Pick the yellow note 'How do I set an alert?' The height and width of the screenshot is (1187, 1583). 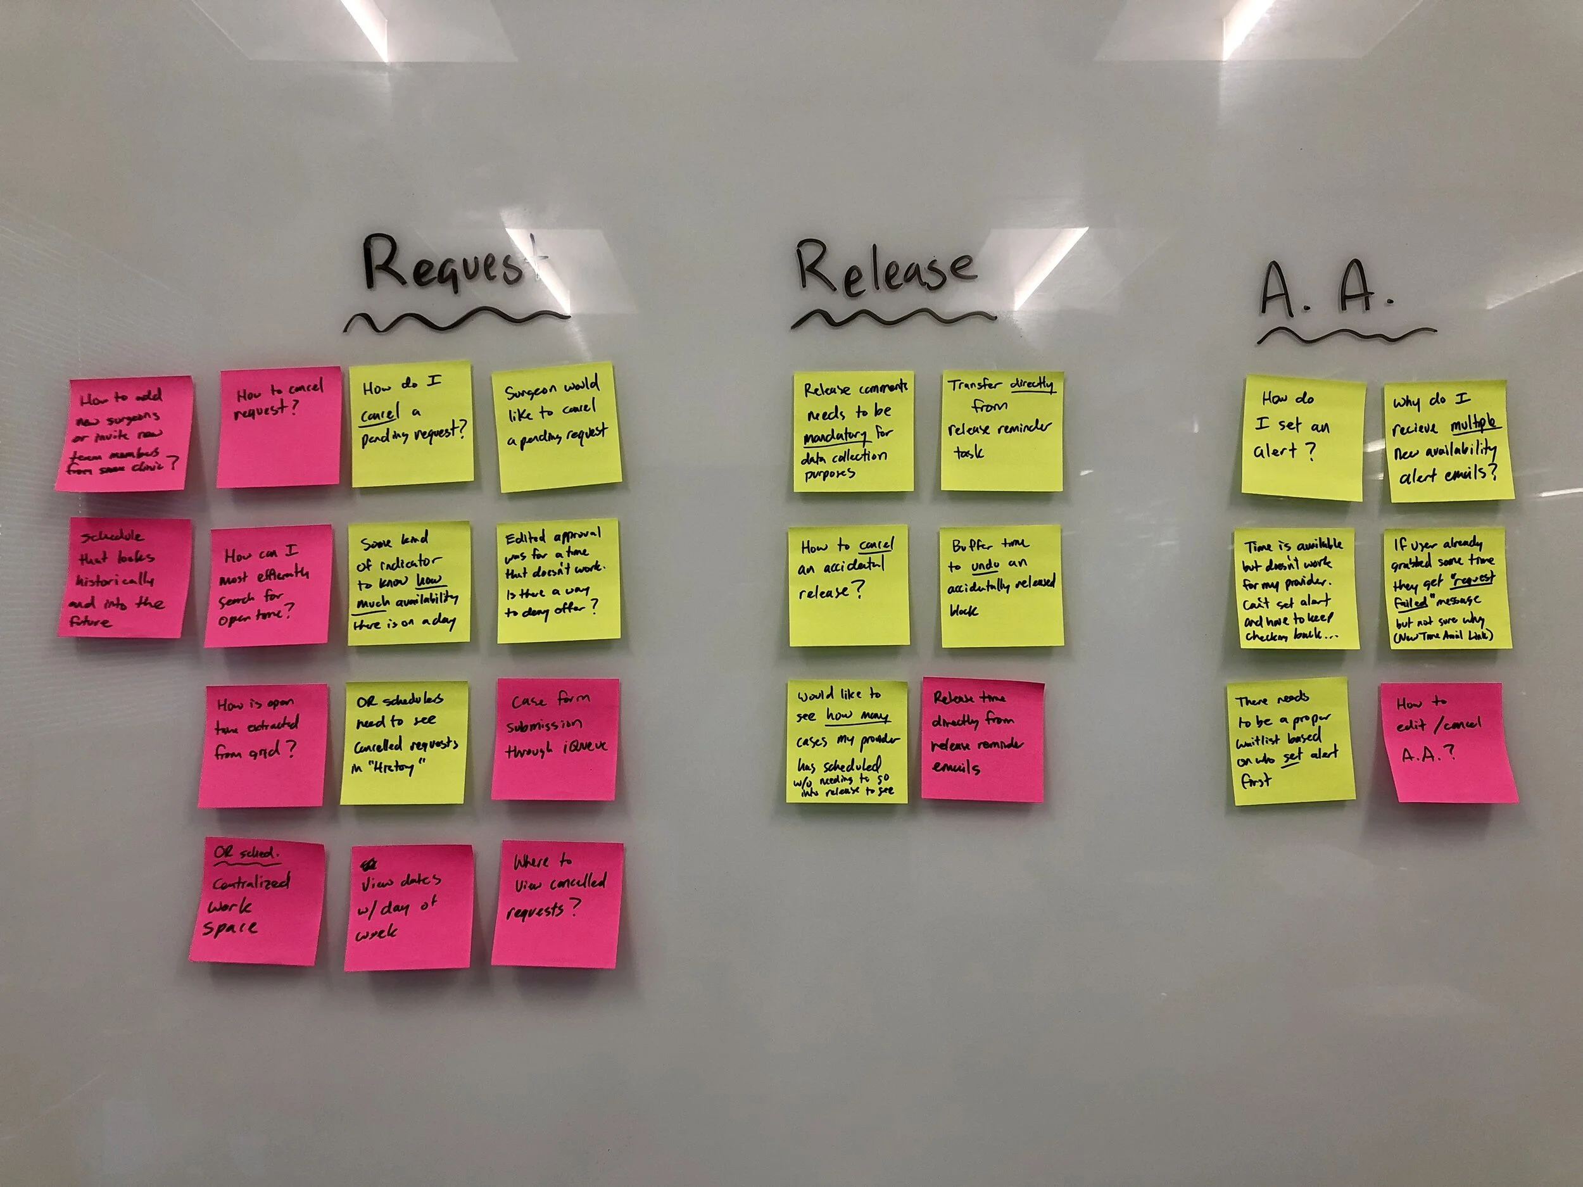tap(1302, 436)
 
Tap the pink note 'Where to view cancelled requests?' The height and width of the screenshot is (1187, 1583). tap(556, 905)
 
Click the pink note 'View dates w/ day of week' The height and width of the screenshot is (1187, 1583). tap(408, 907)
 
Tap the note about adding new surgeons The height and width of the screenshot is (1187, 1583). tap(123, 434)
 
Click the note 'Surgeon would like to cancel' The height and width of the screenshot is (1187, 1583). tap(557, 428)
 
